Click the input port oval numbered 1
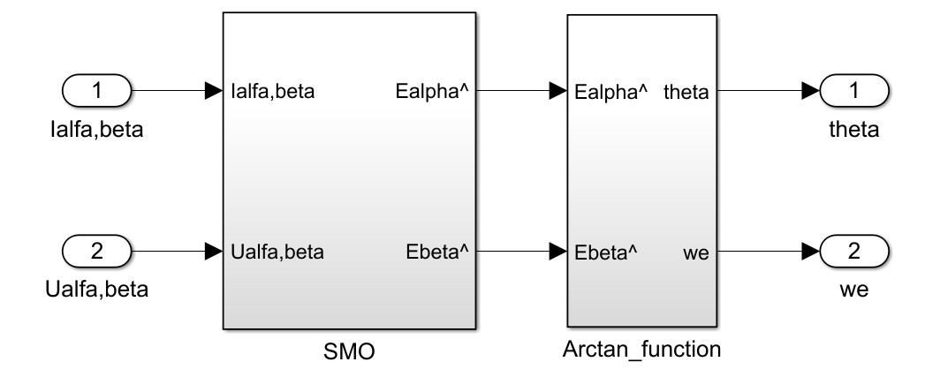[98, 90]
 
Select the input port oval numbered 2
[98, 252]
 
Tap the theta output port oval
[853, 90]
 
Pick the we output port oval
[853, 252]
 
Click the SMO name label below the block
[350, 352]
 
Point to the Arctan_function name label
[641, 349]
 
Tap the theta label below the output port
[854, 130]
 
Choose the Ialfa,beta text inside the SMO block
[274, 91]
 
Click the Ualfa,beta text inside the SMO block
[277, 253]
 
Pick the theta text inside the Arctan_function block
[686, 91]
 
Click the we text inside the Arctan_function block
[697, 253]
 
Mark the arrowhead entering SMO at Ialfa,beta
[213, 90]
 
